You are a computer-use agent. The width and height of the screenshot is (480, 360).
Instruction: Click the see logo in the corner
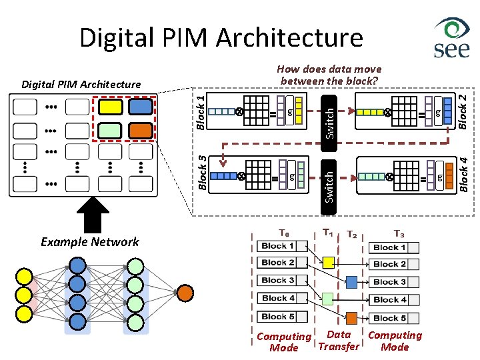click(451, 39)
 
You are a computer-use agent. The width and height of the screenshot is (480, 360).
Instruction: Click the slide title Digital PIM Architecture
click(221, 38)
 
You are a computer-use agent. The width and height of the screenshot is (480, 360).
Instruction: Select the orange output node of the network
click(185, 293)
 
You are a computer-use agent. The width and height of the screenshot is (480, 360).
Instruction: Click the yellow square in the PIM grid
click(109, 107)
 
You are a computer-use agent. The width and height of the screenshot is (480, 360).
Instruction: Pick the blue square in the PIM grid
click(140, 107)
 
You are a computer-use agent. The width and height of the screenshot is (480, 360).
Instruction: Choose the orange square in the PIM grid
click(140, 131)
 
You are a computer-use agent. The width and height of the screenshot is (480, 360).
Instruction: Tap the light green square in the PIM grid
click(109, 131)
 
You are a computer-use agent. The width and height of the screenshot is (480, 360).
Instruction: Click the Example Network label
click(89, 242)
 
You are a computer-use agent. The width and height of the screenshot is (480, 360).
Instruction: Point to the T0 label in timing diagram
click(284, 233)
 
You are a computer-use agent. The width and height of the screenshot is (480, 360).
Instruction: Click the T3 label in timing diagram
click(399, 233)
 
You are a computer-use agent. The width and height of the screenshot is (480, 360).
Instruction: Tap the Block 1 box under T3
click(394, 247)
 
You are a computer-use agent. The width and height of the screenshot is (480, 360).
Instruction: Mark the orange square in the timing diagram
click(352, 318)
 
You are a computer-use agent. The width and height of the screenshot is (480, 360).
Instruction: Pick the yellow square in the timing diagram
click(328, 263)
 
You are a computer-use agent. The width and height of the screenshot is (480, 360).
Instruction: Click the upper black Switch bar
click(329, 116)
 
